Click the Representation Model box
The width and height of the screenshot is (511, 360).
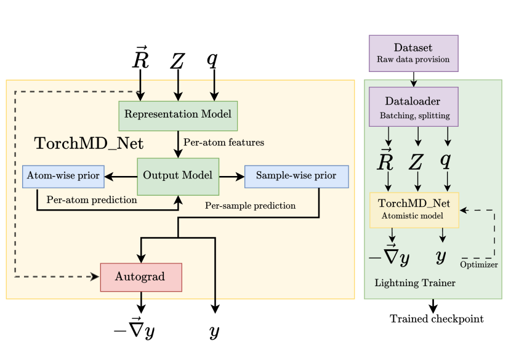tap(178, 115)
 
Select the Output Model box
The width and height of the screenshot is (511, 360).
tap(178, 176)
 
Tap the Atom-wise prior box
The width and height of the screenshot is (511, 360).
tap(63, 176)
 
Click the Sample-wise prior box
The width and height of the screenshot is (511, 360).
tap(296, 176)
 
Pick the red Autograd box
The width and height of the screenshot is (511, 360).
tap(141, 277)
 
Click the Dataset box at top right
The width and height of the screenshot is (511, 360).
tap(413, 53)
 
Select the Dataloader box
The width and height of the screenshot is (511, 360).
tap(413, 106)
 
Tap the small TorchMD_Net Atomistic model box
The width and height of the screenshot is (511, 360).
tap(414, 209)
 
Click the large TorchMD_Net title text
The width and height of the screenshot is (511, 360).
tap(89, 144)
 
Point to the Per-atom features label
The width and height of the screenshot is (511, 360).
tap(223, 143)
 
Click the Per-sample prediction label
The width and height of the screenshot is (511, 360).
tap(250, 206)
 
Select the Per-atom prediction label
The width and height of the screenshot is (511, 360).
tap(92, 200)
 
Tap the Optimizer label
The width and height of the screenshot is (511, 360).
tap(479, 265)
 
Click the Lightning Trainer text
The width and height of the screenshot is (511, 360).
tap(415, 283)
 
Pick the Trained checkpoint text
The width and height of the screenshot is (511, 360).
tap(437, 319)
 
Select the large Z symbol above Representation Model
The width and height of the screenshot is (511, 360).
tap(177, 61)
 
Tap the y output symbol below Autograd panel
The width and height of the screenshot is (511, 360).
tap(214, 332)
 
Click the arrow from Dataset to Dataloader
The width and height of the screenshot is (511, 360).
tap(413, 79)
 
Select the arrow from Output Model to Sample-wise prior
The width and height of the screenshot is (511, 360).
tap(231, 176)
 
